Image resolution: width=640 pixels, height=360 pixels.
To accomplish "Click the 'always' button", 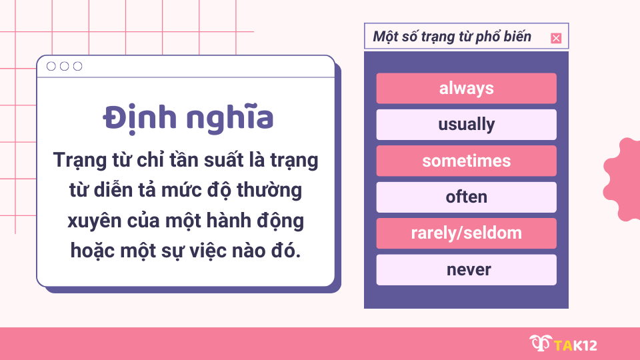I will [x=466, y=88].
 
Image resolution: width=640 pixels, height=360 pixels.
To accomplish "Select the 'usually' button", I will [x=466, y=125].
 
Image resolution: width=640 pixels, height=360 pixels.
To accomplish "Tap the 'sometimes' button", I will [x=466, y=161].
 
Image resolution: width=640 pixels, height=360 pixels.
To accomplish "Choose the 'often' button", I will [x=466, y=197].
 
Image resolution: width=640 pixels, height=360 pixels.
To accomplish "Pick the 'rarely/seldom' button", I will [x=466, y=233].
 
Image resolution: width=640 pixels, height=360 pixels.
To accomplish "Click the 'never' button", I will [x=466, y=270].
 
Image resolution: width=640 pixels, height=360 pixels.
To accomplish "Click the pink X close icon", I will [x=556, y=38].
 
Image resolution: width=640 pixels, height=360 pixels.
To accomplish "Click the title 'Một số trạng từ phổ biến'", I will [x=452, y=37].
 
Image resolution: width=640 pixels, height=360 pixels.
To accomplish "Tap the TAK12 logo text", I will [x=575, y=345].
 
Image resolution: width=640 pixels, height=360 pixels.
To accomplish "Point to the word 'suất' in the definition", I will [x=217, y=161].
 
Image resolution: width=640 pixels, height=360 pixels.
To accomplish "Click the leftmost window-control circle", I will [x=51, y=66].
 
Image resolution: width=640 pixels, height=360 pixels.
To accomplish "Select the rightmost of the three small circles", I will [x=78, y=66].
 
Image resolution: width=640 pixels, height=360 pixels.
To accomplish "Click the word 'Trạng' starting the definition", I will [x=79, y=161].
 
